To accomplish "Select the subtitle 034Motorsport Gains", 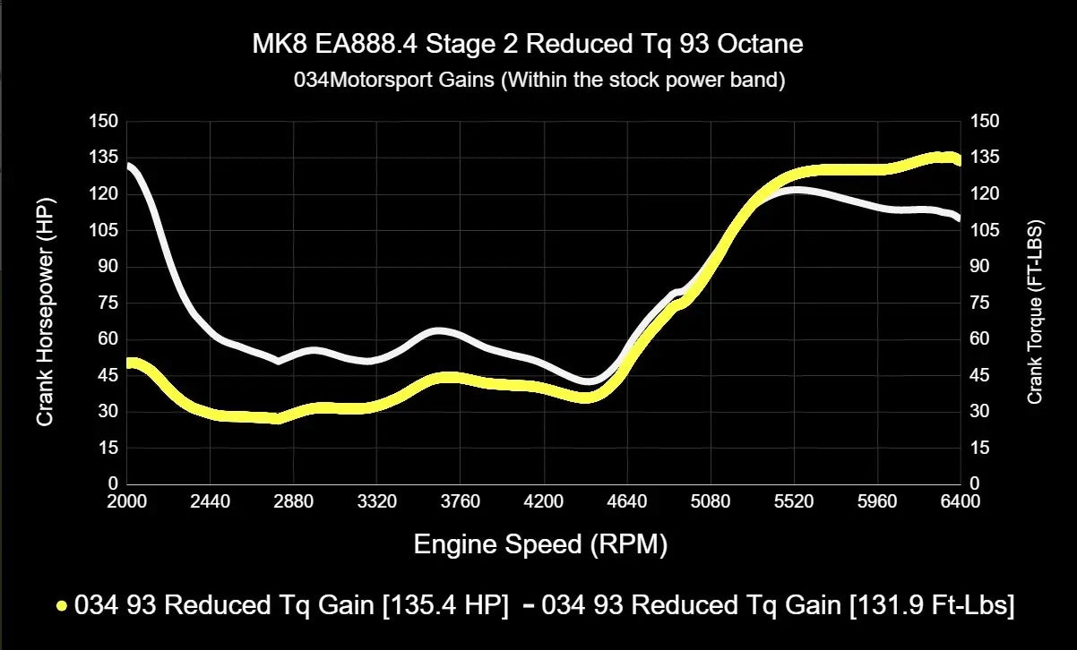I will [x=539, y=81].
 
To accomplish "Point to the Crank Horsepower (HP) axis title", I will [x=45, y=303].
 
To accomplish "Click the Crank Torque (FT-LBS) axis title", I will [x=1035, y=312].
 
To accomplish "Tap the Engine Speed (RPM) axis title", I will [x=540, y=543].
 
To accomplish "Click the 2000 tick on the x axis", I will [x=126, y=502].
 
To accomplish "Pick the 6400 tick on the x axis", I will [x=960, y=502].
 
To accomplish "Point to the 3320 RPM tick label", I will [x=376, y=502].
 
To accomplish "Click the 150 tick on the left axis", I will [x=104, y=121].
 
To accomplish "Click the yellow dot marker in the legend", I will [x=62, y=606].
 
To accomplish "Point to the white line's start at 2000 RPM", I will [x=128, y=166].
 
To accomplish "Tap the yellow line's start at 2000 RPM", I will [x=128, y=363].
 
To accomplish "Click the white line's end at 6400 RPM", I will [x=959, y=218].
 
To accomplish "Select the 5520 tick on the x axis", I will [x=793, y=502].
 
